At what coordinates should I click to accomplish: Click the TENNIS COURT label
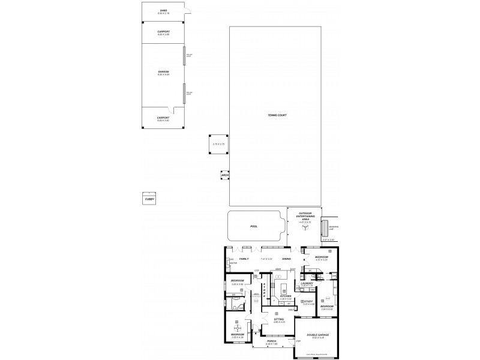[277, 115]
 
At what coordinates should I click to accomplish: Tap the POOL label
[253, 227]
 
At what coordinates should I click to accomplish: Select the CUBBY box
[149, 199]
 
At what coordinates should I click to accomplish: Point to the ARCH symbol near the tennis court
[226, 176]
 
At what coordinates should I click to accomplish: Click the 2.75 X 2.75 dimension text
[218, 144]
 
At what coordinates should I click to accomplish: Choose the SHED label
[163, 11]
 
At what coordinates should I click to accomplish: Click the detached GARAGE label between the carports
[163, 72]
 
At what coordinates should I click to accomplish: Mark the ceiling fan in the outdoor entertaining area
[305, 227]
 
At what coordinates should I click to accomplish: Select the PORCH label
[271, 343]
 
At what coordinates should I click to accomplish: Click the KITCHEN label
[286, 296]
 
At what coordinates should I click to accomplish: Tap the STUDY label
[309, 301]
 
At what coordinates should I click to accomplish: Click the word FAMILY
[244, 259]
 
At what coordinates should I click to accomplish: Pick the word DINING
[287, 259]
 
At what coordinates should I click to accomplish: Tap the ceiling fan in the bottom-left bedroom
[238, 328]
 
